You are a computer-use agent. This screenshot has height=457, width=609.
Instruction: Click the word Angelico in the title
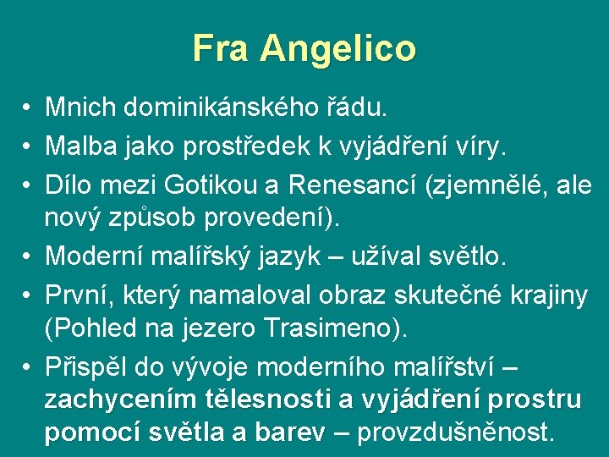[x=338, y=49]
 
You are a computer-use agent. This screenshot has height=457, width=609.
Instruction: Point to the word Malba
[x=80, y=147]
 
